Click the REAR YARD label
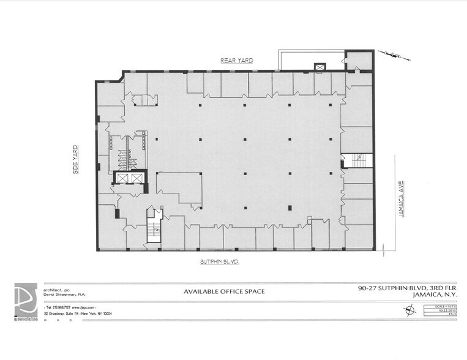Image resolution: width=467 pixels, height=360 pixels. (x=237, y=60)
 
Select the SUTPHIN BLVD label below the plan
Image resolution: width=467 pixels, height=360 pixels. (x=219, y=261)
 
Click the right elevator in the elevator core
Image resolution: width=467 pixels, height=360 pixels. (x=136, y=178)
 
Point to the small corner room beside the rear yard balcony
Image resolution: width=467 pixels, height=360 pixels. (x=359, y=60)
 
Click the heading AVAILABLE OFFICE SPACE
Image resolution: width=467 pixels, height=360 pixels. (x=225, y=291)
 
